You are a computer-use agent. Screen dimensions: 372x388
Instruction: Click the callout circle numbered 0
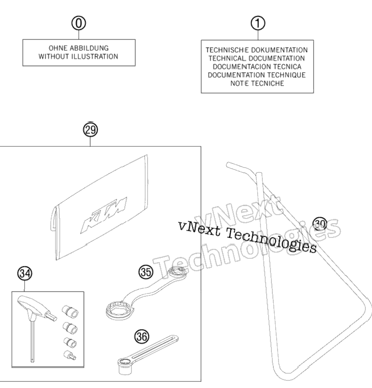(x=79, y=23)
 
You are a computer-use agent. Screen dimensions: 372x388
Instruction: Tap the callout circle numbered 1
(x=258, y=23)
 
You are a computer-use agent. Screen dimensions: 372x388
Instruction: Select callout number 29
(x=90, y=130)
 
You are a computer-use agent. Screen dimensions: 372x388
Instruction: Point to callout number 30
(x=320, y=224)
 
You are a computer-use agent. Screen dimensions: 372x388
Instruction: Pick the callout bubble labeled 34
(x=25, y=274)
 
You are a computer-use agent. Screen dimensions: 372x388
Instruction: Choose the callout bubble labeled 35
(x=146, y=272)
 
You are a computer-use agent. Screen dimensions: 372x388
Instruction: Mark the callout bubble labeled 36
(x=142, y=337)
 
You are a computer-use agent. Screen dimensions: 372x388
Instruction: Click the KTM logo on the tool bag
(x=104, y=215)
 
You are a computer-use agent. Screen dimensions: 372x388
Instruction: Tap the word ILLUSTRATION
(x=95, y=57)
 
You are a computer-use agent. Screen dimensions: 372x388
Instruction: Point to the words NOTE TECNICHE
(x=257, y=84)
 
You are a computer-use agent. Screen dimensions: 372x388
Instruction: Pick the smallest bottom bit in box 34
(x=70, y=355)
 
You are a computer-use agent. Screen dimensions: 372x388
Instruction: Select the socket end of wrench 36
(x=125, y=366)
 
